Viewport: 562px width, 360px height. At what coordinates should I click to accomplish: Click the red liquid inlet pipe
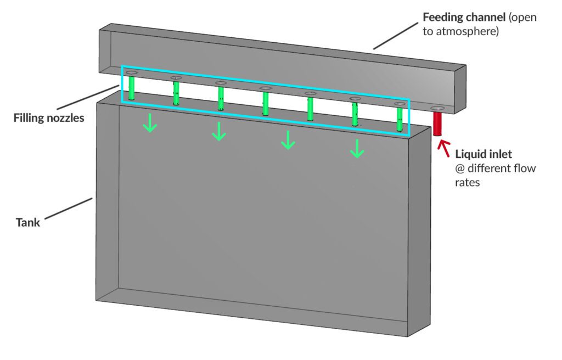pyautogui.click(x=439, y=123)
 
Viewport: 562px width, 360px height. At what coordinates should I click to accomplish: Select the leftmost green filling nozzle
pyautogui.click(x=132, y=89)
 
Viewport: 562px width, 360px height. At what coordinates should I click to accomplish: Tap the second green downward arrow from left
pyautogui.click(x=219, y=132)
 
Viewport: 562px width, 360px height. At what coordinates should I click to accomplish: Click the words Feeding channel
pyautogui.click(x=464, y=17)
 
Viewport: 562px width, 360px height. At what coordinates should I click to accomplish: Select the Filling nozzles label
pyautogui.click(x=49, y=117)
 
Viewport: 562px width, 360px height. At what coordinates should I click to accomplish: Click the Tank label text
pyautogui.click(x=27, y=223)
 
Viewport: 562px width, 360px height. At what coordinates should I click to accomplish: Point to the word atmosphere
pyautogui.click(x=472, y=32)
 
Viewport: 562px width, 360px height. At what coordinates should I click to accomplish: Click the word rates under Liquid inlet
pyautogui.click(x=468, y=182)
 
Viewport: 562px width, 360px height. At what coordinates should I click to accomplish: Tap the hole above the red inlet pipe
pyautogui.click(x=438, y=108)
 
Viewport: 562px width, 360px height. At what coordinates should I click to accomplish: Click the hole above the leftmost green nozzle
pyautogui.click(x=131, y=72)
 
